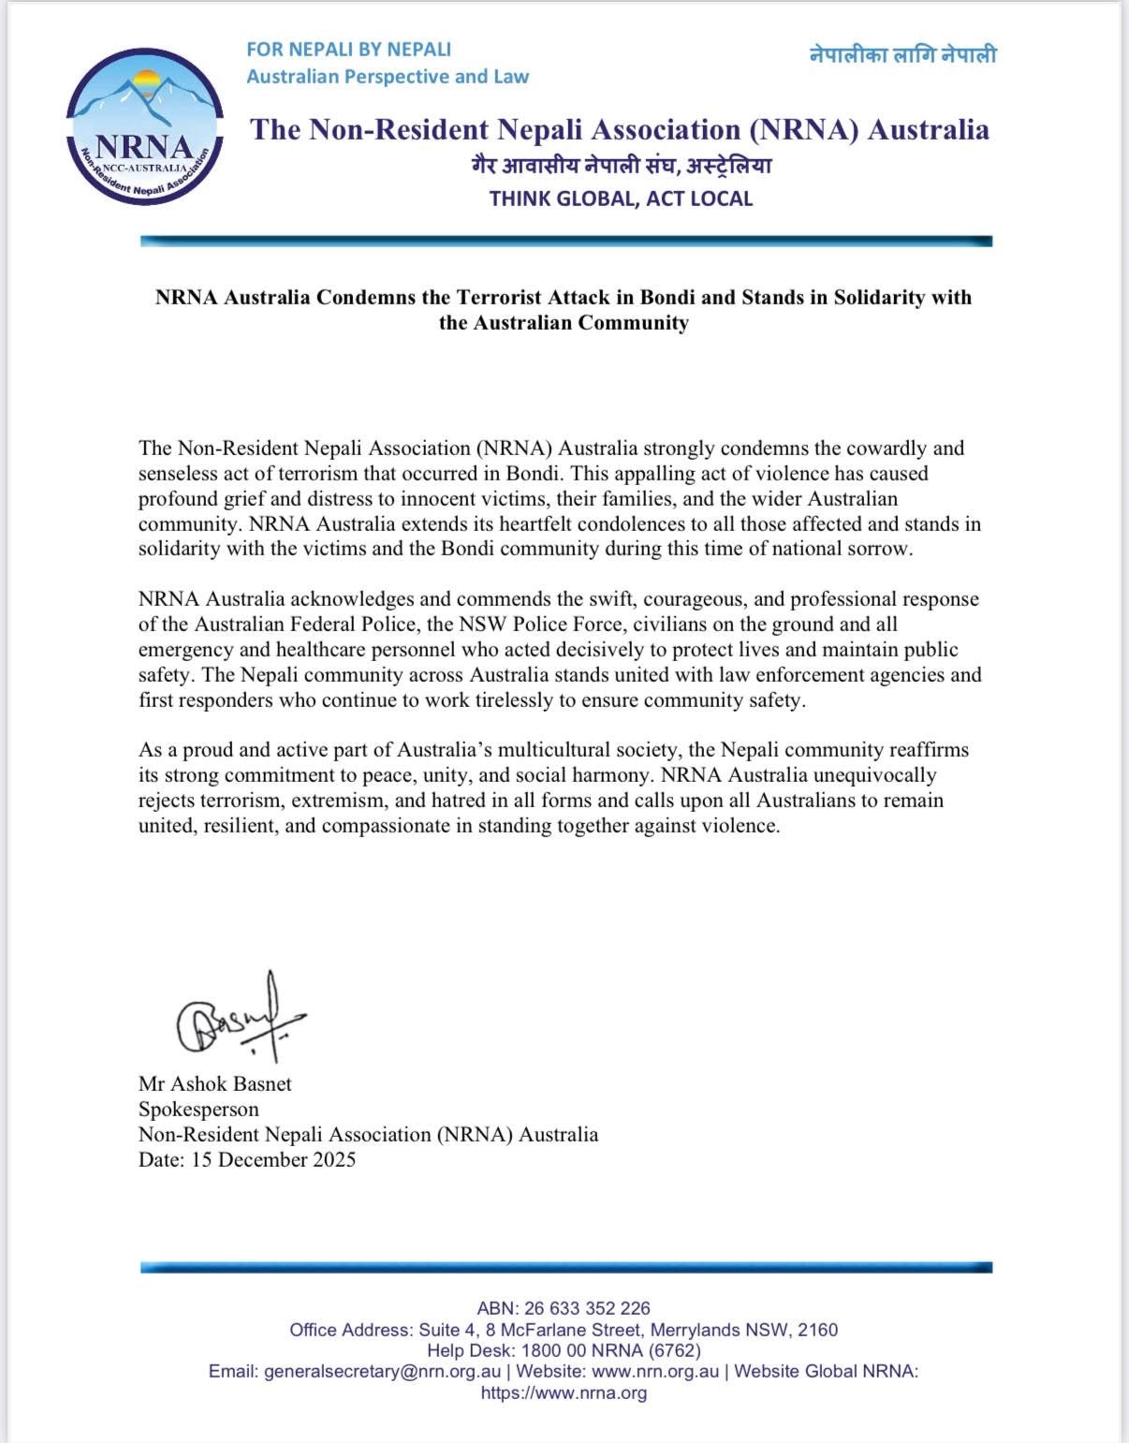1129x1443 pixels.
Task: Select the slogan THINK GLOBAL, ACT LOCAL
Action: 621,199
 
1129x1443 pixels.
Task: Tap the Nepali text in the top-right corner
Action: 902,54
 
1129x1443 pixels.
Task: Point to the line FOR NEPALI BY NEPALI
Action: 348,49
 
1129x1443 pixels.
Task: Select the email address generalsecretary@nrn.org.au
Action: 383,1371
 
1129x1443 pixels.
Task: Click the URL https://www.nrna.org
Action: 564,1392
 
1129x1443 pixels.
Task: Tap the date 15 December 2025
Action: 273,1159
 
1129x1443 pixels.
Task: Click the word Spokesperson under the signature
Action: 198,1109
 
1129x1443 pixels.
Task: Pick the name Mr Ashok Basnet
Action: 215,1083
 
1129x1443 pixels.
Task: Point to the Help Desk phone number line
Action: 564,1350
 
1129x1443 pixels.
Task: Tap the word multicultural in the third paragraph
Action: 554,749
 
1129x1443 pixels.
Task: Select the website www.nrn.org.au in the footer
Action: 655,1371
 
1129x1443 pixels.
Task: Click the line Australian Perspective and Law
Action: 388,77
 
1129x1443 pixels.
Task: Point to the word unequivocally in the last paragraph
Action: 874,774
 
